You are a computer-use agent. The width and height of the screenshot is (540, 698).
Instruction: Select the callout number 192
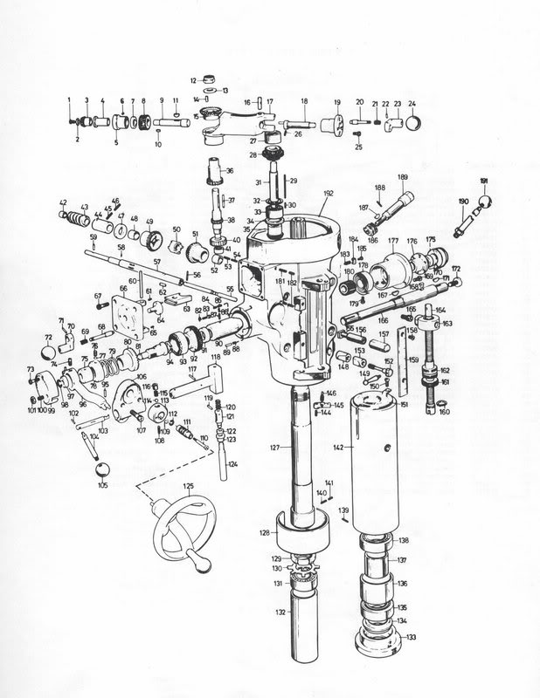coord(329,195)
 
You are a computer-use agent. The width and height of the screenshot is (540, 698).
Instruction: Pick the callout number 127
coord(274,447)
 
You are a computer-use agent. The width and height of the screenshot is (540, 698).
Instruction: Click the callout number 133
coord(411,637)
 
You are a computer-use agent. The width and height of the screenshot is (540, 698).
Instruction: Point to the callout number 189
coord(403,178)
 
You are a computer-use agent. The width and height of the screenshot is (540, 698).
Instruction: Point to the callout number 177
coord(393,240)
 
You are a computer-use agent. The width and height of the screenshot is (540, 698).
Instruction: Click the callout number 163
coord(447,324)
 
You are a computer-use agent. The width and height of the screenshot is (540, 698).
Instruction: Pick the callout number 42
coord(63,202)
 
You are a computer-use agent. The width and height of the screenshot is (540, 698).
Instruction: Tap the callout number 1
coord(70,101)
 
